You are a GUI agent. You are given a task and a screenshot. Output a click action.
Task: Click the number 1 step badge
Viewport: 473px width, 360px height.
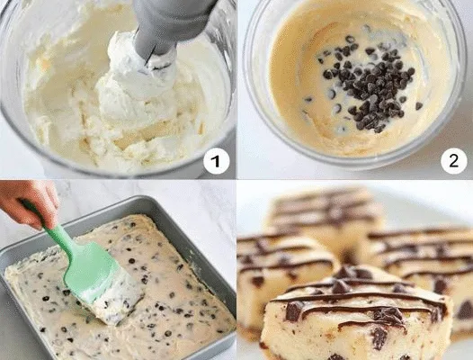click(217, 161)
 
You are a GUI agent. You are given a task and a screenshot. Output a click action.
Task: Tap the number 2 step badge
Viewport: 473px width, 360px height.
click(454, 161)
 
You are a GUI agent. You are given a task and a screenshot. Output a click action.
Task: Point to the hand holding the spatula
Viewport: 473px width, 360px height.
click(29, 203)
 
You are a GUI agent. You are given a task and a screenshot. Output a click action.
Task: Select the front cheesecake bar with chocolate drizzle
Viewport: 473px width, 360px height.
click(356, 314)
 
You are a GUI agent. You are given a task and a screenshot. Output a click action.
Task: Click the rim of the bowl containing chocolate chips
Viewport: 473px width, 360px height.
click(353, 162)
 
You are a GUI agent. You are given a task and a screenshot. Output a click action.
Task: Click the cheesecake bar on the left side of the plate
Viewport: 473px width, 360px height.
click(283, 272)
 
